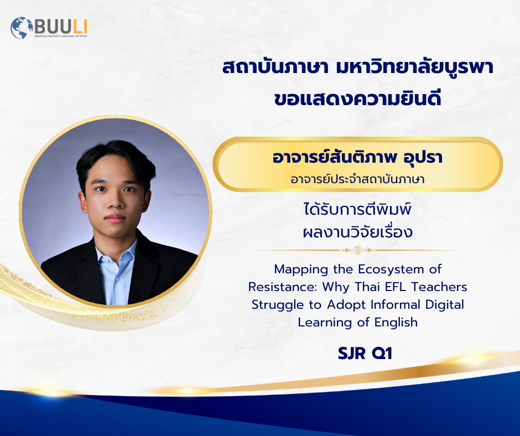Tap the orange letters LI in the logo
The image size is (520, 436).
(79, 27)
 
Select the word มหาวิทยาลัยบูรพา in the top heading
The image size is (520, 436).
(414, 66)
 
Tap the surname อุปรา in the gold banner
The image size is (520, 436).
(423, 158)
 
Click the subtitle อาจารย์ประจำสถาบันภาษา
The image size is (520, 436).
(357, 179)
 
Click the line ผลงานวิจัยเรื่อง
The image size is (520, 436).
(357, 231)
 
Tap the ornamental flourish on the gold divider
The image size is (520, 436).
(357, 250)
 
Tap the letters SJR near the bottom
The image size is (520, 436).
(351, 354)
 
